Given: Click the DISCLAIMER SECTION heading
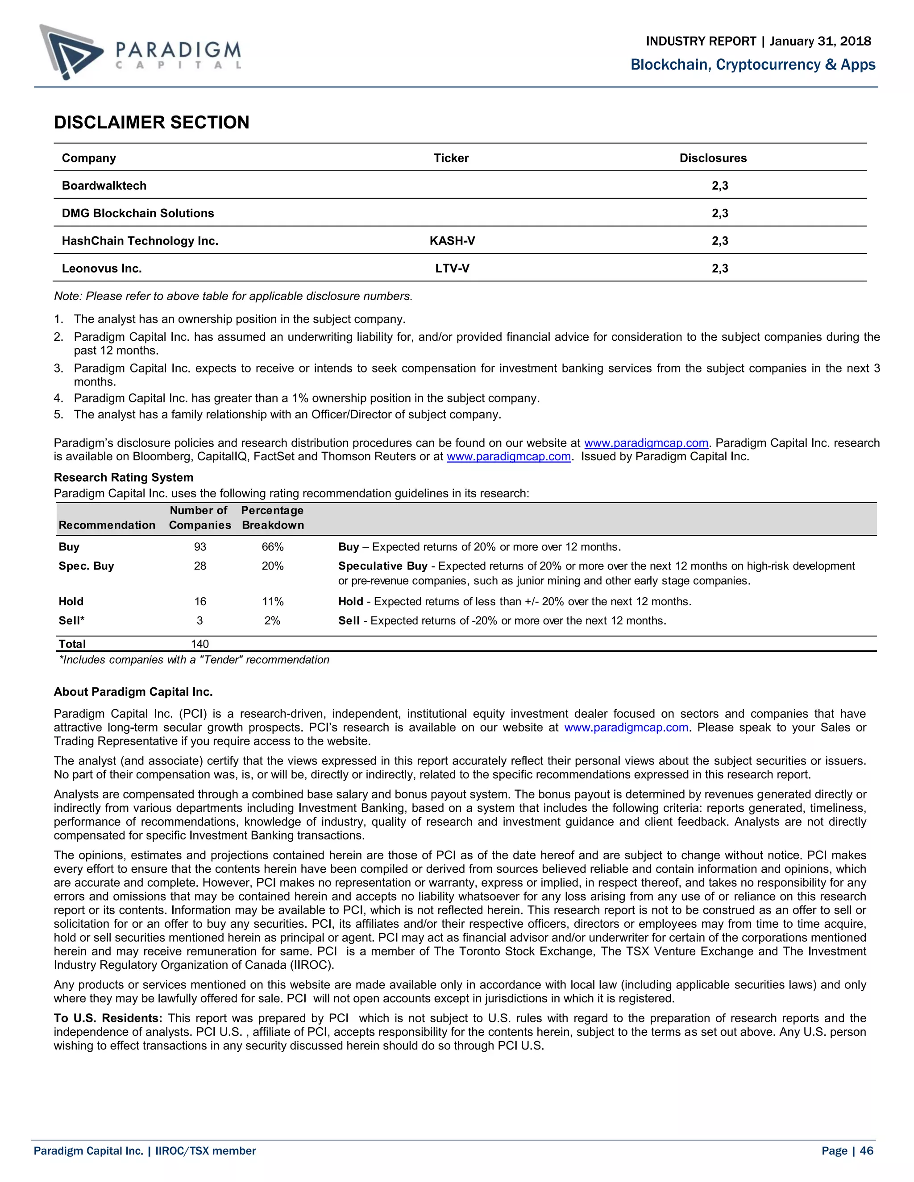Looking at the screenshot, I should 152,122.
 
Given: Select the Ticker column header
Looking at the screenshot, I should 451,158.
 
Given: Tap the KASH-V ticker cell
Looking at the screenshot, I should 452,241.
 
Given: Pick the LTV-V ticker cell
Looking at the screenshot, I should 452,269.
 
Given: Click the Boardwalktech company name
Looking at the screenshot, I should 104,186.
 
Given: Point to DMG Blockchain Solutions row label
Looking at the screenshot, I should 137,213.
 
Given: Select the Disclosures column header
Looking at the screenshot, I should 713,158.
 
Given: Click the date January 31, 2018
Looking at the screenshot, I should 820,41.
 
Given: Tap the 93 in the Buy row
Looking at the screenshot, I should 200,547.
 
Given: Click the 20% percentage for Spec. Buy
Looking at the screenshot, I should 272,566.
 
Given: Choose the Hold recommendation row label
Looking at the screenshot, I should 71,601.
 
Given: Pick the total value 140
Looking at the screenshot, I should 200,644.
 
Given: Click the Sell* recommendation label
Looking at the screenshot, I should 71,620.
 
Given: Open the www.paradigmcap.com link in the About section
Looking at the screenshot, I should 626,727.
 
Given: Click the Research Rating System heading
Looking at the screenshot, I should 124,477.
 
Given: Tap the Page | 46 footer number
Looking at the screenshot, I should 847,1151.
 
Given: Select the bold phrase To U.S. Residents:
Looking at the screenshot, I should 108,1018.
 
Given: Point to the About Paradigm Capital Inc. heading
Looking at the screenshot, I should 133,692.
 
